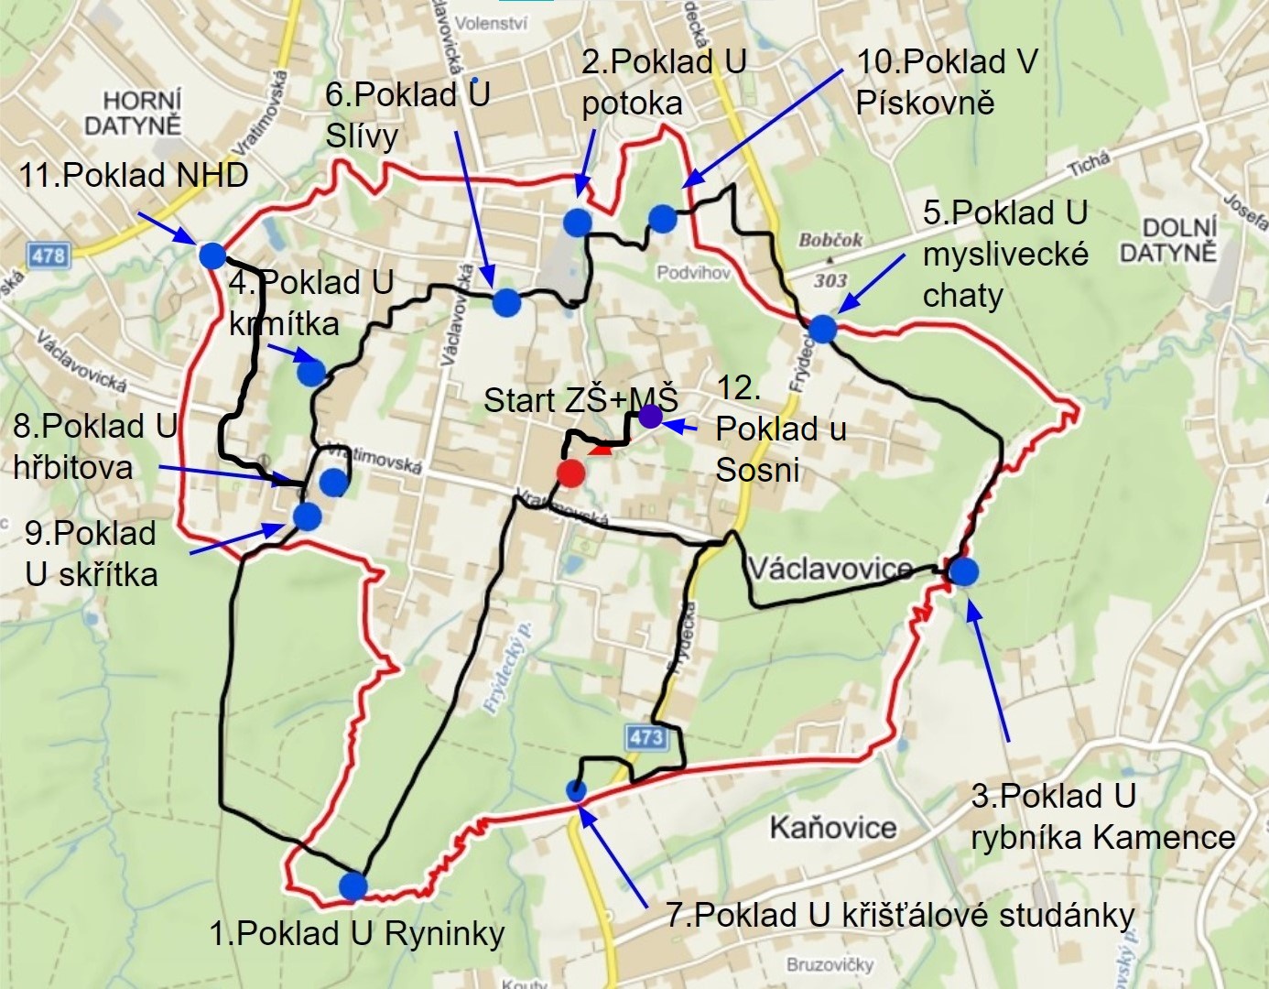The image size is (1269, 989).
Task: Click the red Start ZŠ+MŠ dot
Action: tap(570, 473)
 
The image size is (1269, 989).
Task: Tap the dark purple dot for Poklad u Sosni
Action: tap(650, 417)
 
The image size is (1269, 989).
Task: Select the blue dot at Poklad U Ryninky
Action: tap(352, 886)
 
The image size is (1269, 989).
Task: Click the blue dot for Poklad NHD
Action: tap(211, 255)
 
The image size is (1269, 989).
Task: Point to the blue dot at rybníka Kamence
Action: tap(963, 571)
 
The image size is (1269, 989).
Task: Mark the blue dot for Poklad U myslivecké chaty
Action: tap(822, 329)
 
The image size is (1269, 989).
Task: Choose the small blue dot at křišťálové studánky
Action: tap(576, 791)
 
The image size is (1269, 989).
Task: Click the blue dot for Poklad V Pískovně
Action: tap(662, 219)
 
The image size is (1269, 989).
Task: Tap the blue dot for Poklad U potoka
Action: tap(577, 222)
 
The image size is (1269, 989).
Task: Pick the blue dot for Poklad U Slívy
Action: tap(506, 302)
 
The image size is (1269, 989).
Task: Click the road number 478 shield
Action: tap(48, 255)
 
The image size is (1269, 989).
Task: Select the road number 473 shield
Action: tap(646, 737)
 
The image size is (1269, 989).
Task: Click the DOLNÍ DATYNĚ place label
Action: tap(1167, 239)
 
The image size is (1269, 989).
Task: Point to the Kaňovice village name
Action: tap(832, 828)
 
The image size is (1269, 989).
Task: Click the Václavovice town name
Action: tap(830, 569)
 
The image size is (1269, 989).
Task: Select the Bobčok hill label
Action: tap(830, 240)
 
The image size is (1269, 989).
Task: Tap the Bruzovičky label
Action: tap(830, 964)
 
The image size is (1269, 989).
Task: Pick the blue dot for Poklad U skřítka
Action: tap(307, 516)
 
